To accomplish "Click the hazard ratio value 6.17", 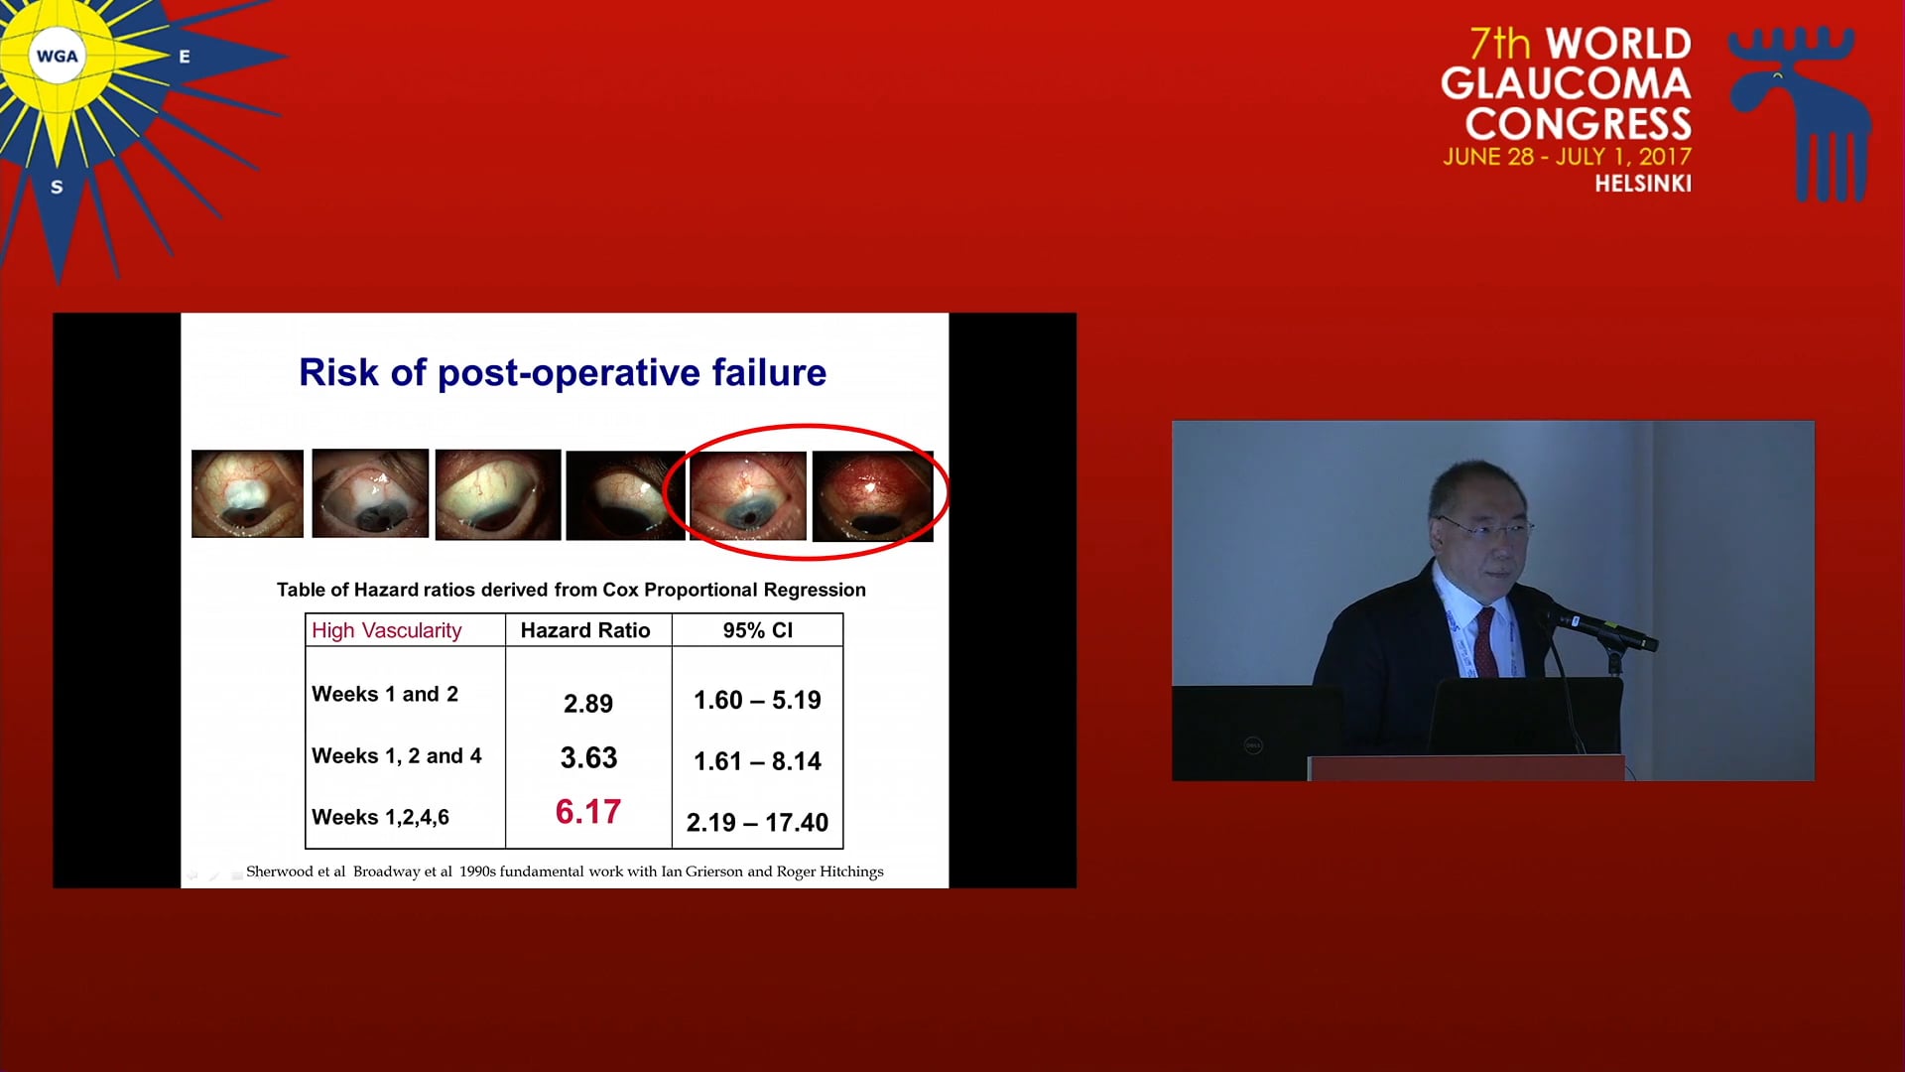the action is click(x=588, y=812).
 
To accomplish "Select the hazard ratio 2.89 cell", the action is click(x=588, y=704).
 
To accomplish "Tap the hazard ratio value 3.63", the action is click(x=588, y=758).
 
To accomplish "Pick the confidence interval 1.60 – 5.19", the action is click(x=757, y=701).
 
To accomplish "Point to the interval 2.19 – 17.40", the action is click(x=757, y=823).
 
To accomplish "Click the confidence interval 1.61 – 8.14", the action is click(x=757, y=761).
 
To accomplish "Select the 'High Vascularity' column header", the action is click(x=387, y=631).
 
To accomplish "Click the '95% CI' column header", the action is click(x=758, y=630).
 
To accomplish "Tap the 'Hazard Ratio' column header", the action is click(x=585, y=630).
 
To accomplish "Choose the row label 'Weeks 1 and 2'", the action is click(x=385, y=695).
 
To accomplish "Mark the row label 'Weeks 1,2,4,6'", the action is click(x=380, y=818).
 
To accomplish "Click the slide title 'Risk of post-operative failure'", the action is click(x=563, y=373).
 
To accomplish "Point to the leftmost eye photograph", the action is click(x=247, y=493).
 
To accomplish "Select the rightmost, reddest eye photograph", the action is click(x=872, y=496).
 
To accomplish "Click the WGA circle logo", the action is click(x=57, y=57).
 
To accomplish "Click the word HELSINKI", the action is click(x=1643, y=184).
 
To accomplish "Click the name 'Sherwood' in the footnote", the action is click(x=281, y=871).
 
